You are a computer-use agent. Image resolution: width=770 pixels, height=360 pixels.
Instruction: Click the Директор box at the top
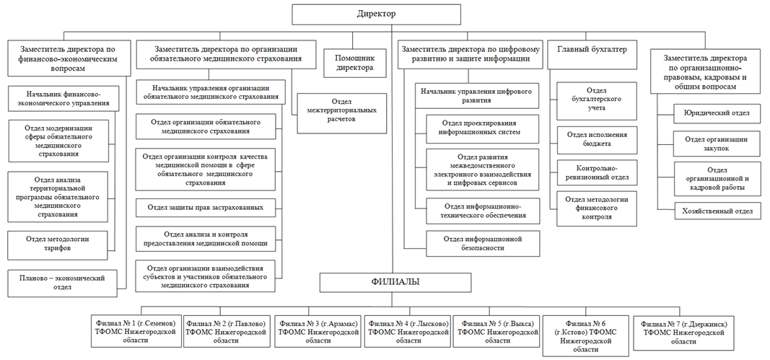377,14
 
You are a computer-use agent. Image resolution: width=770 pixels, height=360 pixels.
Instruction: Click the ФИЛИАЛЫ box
395,283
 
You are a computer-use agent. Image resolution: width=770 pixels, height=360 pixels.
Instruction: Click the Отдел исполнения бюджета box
597,139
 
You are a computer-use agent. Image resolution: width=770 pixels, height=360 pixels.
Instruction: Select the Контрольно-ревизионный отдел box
597,172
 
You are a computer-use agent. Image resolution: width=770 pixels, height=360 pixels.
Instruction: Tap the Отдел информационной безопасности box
482,244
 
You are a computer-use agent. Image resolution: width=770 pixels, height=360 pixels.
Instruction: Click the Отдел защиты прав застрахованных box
205,208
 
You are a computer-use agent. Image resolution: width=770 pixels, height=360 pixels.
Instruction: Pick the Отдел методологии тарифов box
58,245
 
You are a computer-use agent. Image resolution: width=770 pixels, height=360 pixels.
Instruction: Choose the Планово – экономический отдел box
63,283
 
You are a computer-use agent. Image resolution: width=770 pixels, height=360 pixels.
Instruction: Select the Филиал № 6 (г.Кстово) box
585,336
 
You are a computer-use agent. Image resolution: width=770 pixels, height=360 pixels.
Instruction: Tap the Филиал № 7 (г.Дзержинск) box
684,333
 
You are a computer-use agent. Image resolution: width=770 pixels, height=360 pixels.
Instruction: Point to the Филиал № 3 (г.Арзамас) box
318,332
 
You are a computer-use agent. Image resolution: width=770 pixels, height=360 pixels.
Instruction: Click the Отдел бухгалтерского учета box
597,101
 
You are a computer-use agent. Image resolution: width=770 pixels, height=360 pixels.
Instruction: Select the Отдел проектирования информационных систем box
482,128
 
